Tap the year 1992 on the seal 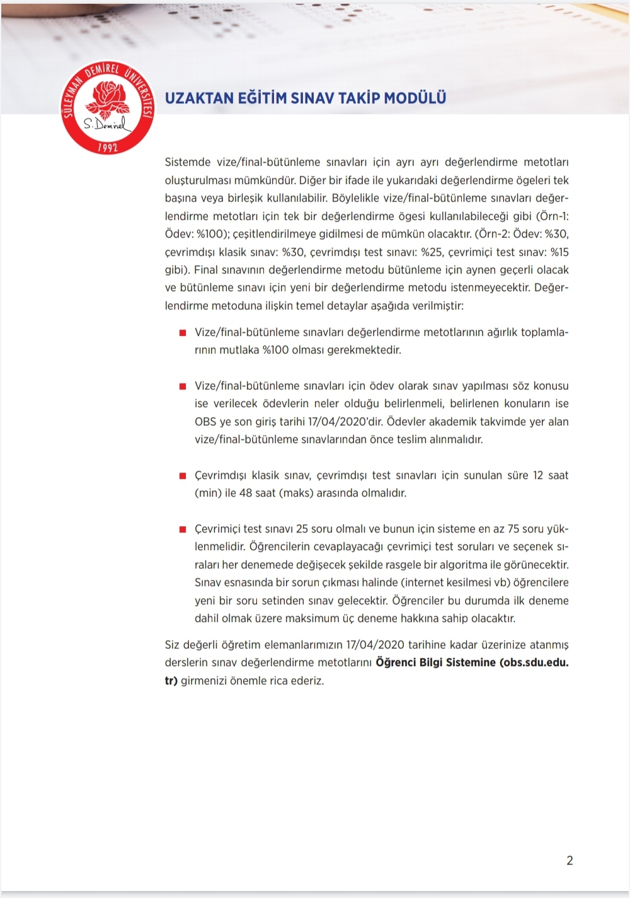(x=108, y=147)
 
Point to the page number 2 (x=570, y=860)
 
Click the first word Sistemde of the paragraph (x=188, y=162)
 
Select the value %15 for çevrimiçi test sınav (x=559, y=252)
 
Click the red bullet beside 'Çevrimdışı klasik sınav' (x=183, y=476)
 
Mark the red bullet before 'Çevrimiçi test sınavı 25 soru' (x=183, y=529)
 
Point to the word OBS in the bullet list (x=205, y=422)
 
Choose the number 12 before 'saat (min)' (x=537, y=475)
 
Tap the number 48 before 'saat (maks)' (x=246, y=493)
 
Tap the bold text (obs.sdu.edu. (x=534, y=662)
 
